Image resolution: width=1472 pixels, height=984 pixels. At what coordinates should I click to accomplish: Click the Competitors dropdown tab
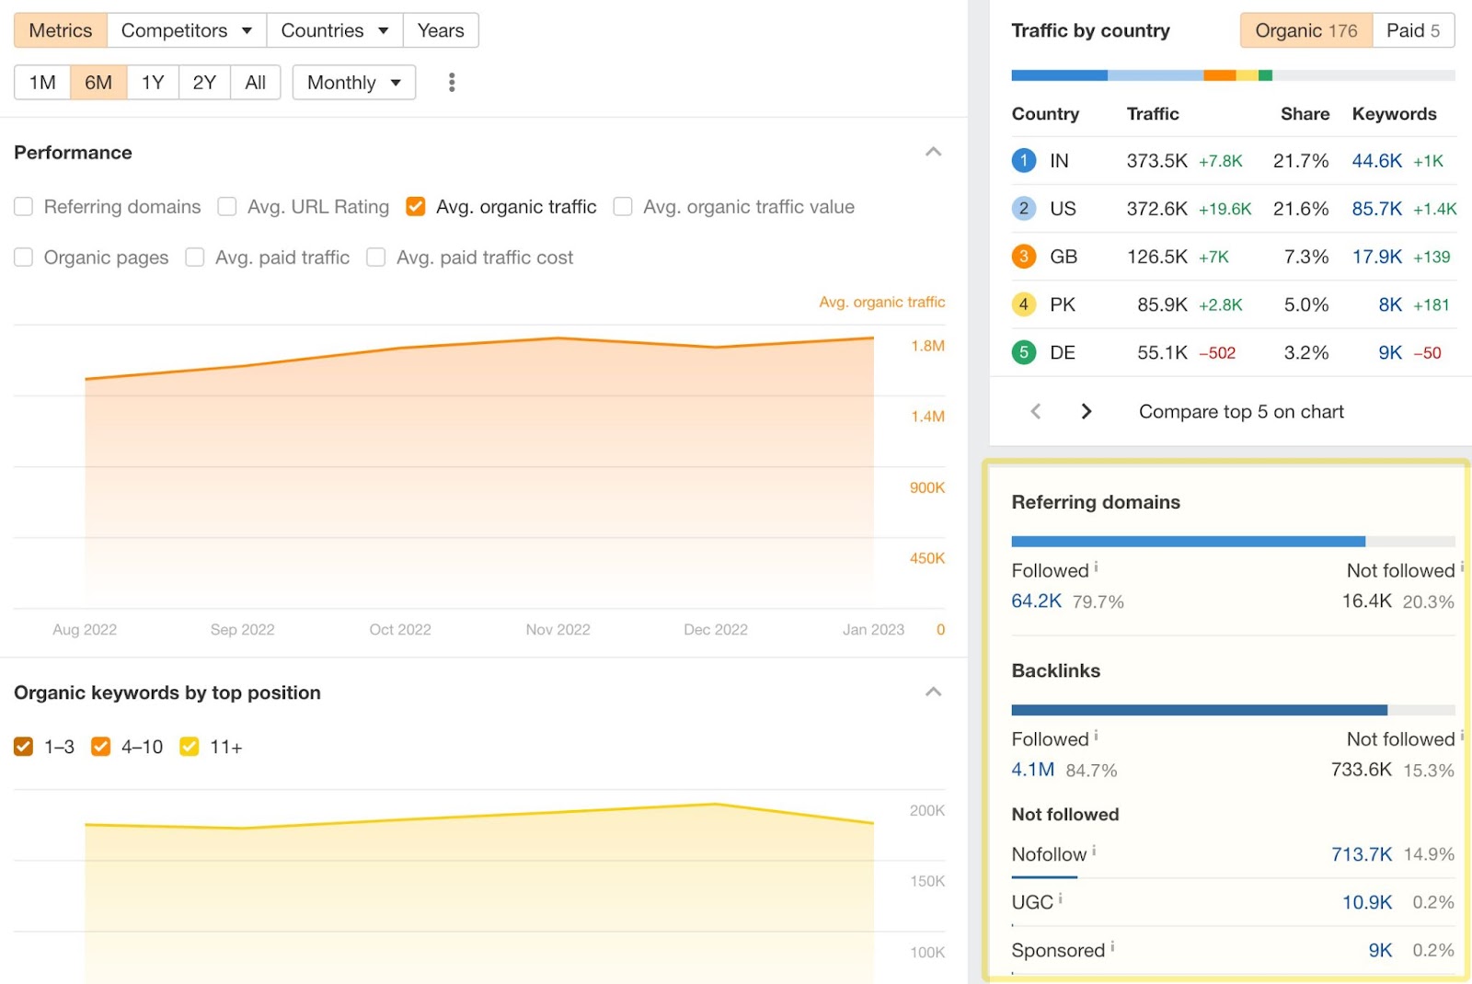pyautogui.click(x=186, y=30)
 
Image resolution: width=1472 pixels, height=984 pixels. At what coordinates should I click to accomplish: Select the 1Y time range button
pyautogui.click(x=153, y=83)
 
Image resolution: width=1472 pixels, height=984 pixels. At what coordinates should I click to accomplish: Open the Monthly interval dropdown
pyautogui.click(x=353, y=83)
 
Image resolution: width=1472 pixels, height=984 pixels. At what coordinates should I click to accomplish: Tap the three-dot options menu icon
pyautogui.click(x=452, y=83)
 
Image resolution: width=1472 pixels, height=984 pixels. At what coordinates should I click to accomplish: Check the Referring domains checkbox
pyautogui.click(x=24, y=207)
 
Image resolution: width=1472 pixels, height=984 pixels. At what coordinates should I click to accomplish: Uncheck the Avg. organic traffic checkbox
pyautogui.click(x=416, y=207)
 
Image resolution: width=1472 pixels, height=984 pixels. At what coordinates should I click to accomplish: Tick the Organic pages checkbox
pyautogui.click(x=24, y=257)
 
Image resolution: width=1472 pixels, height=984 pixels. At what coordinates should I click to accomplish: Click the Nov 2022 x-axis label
pyautogui.click(x=558, y=630)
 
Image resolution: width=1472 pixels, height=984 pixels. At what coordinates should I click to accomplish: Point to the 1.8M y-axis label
pyautogui.click(x=927, y=346)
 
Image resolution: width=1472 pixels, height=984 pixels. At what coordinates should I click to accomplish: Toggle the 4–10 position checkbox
pyautogui.click(x=101, y=747)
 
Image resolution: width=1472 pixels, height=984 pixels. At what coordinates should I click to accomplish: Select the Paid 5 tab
pyautogui.click(x=1412, y=30)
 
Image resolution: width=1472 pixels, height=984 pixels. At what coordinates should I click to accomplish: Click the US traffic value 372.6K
pyautogui.click(x=1156, y=209)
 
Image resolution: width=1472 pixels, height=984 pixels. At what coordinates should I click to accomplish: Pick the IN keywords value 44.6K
pyautogui.click(x=1376, y=161)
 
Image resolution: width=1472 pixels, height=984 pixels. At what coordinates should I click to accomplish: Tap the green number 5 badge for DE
pyautogui.click(x=1024, y=352)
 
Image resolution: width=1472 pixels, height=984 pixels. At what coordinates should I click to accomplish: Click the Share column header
pyautogui.click(x=1305, y=114)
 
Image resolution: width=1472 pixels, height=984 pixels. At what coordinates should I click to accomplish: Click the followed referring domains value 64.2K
pyautogui.click(x=1036, y=601)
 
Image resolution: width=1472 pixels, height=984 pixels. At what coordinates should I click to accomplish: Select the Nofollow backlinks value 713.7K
pyautogui.click(x=1361, y=854)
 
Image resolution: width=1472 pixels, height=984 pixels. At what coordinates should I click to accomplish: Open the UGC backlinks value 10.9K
pyautogui.click(x=1366, y=902)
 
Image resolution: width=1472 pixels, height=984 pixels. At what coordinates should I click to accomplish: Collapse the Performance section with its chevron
pyautogui.click(x=933, y=152)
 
